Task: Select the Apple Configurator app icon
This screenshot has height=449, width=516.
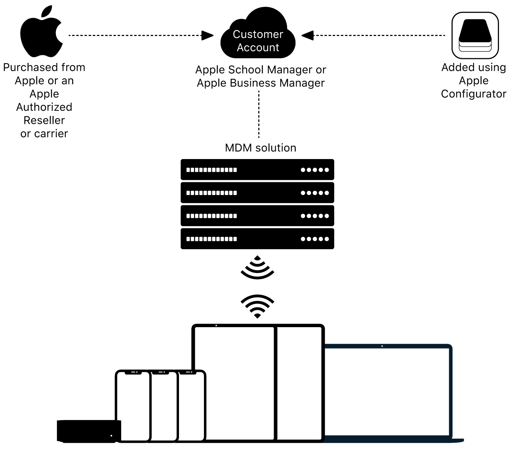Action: coord(475,35)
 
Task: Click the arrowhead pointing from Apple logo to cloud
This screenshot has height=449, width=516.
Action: coord(207,36)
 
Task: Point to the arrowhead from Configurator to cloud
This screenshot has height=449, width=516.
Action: coord(308,36)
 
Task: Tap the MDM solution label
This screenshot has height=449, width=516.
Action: coord(261,148)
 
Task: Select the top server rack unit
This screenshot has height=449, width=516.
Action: coord(257,170)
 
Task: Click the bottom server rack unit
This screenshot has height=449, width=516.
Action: coord(257,239)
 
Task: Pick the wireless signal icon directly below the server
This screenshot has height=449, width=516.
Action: coord(257,267)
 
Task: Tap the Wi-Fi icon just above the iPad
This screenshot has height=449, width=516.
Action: coord(257,306)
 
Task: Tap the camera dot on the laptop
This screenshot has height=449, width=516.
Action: coord(382,346)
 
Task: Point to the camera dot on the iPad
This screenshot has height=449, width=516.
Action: coord(216,326)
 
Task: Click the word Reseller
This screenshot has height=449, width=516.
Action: coord(44,120)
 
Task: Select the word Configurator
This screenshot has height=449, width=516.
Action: coord(474,94)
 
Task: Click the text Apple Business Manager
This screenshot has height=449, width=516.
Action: coord(261,83)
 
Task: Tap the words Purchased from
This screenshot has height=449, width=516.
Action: coord(44,67)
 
